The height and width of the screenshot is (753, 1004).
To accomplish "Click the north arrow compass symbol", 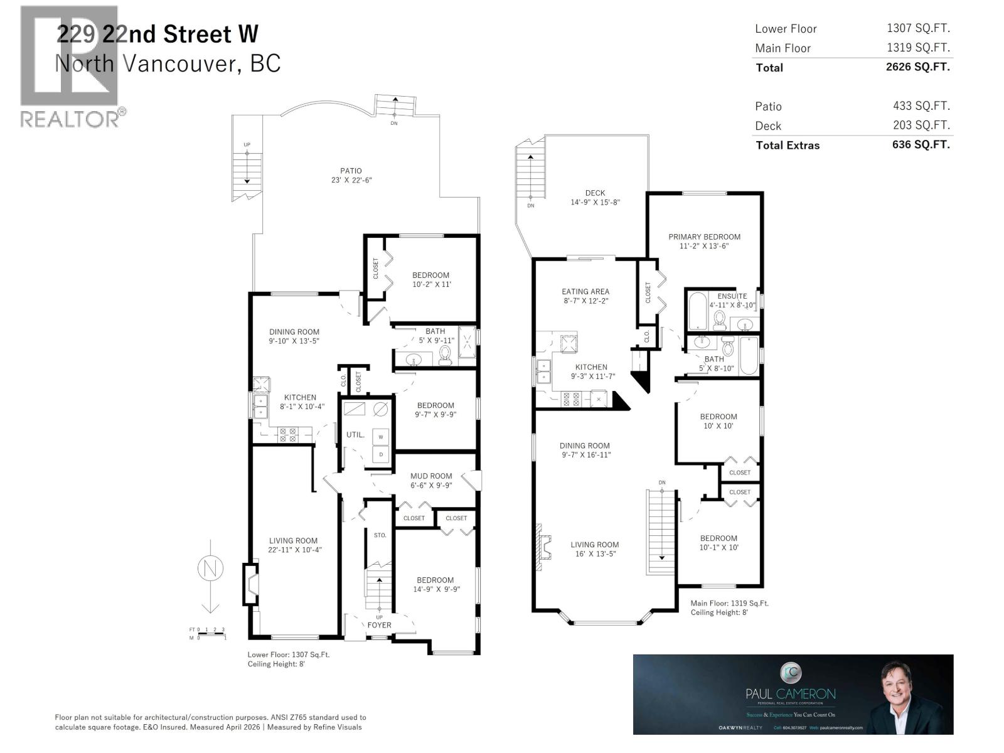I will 210,569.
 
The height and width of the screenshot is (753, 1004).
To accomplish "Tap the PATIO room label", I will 351,171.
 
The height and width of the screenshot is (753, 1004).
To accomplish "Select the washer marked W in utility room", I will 380,437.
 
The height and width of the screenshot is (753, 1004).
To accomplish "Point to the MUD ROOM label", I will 431,476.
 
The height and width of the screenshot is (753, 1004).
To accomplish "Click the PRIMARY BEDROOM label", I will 704,237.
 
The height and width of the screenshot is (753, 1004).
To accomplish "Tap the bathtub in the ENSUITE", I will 697,312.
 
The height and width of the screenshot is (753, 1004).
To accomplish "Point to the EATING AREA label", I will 585,291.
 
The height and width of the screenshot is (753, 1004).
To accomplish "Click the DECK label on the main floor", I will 595,193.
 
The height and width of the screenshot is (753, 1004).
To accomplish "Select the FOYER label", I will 379,625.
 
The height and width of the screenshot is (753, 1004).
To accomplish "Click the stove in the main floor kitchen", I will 572,399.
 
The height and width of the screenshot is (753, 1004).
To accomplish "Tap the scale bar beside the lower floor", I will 207,633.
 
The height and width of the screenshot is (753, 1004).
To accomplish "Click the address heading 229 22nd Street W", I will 157,34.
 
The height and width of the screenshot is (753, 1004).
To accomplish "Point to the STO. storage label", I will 380,535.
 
